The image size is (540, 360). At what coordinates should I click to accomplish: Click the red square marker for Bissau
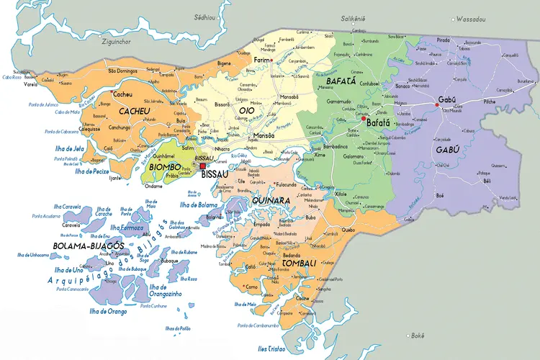(x=202, y=166)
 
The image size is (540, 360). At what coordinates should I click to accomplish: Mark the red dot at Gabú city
(x=436, y=106)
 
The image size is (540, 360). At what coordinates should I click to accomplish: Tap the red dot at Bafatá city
(x=364, y=120)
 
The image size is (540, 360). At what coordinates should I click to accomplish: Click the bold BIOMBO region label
(x=165, y=167)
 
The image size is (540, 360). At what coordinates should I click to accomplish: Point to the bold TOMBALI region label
(x=300, y=264)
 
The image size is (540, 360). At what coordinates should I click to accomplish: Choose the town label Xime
(x=320, y=154)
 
